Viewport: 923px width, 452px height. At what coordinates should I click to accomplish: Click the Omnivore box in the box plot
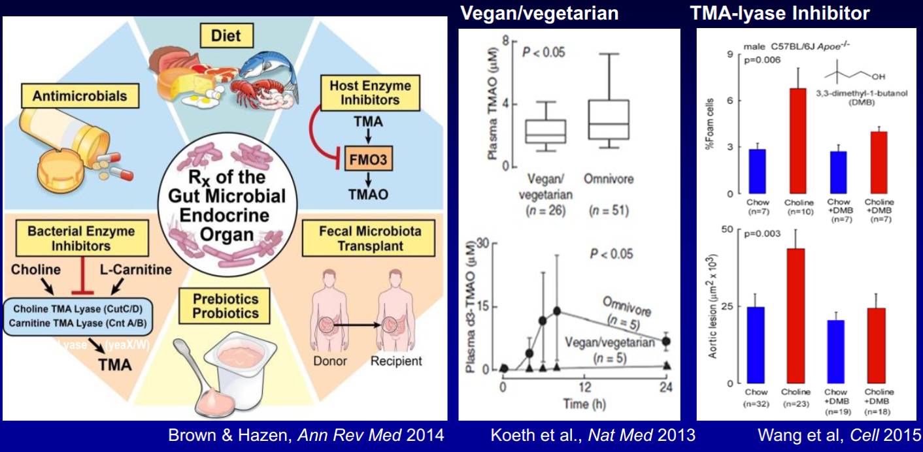point(608,120)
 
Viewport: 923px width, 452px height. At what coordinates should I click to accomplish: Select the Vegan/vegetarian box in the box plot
point(546,131)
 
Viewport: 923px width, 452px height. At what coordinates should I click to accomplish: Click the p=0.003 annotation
point(762,233)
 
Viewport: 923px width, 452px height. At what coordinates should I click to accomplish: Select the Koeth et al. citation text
point(593,435)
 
